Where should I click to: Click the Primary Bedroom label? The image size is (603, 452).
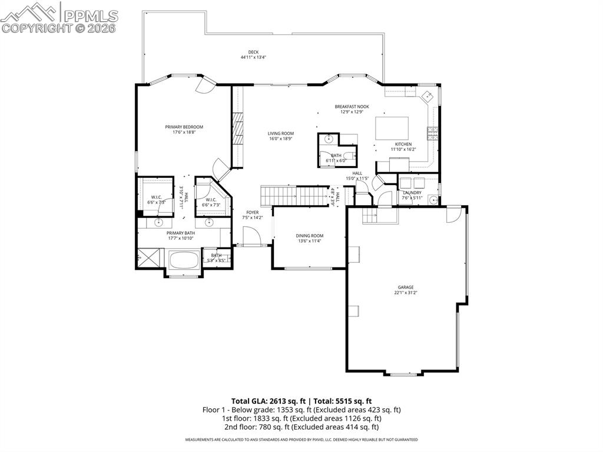184,127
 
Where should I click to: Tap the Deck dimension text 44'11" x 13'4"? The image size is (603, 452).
253,58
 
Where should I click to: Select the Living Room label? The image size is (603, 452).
281,133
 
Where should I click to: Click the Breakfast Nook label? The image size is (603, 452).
352,107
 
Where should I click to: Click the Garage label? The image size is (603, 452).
405,287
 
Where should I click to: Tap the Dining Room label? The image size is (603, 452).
309,236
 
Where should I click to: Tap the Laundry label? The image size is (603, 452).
412,193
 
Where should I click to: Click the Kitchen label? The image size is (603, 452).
403,144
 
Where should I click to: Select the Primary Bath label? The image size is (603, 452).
180,233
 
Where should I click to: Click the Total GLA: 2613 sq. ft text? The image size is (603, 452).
263,401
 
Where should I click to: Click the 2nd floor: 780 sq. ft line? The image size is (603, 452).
301,427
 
